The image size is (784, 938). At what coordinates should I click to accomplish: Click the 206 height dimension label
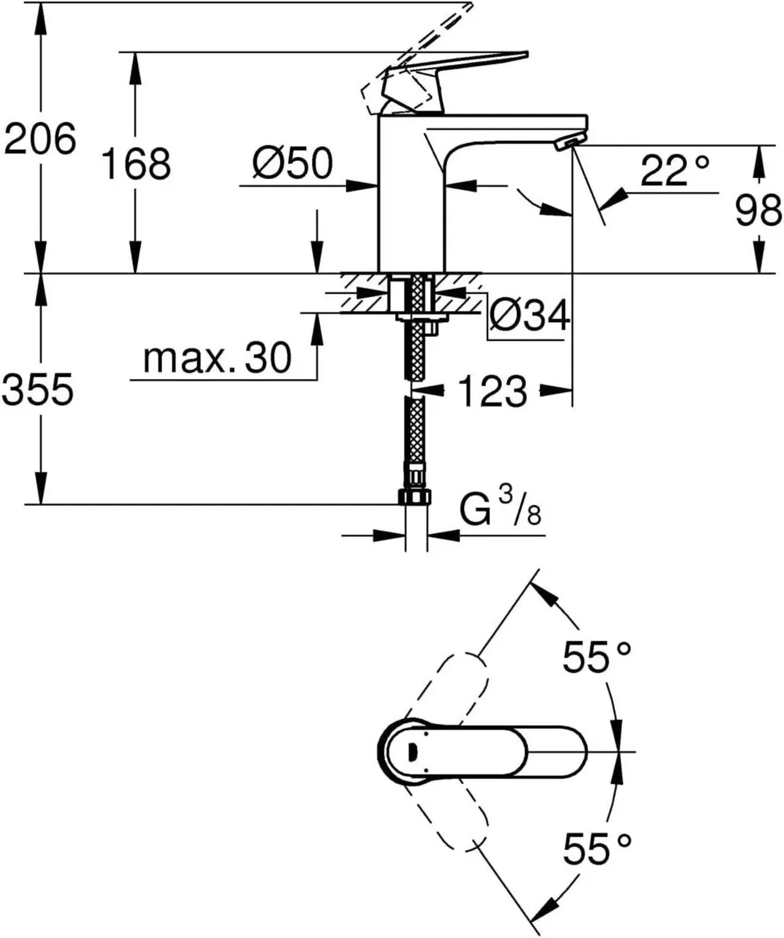point(41,140)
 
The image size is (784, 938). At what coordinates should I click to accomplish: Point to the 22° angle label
point(674,170)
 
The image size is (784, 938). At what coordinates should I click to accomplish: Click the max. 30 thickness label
point(218,359)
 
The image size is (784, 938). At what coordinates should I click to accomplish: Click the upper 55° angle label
point(597,657)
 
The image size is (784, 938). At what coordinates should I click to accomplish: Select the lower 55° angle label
point(597,848)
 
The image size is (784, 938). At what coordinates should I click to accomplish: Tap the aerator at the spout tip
point(569,141)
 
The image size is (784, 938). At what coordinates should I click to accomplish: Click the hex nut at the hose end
point(415,497)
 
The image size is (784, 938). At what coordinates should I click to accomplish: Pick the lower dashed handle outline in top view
point(450,817)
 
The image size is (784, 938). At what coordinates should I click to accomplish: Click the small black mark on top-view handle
point(412,752)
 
